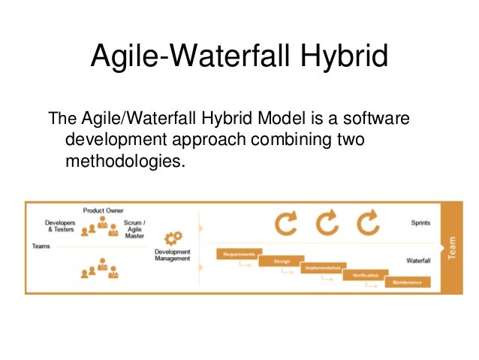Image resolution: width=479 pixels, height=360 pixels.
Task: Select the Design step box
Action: tap(282, 261)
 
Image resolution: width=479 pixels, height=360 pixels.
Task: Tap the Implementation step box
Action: tap(324, 268)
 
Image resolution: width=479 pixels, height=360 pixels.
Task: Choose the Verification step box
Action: tap(366, 275)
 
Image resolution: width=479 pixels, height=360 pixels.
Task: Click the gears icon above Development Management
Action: tap(173, 237)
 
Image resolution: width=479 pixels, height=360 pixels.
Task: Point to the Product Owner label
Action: tap(103, 210)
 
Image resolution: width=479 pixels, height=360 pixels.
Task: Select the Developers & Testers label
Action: tap(59, 226)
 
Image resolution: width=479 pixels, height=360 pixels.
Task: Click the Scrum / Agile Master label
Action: tap(135, 229)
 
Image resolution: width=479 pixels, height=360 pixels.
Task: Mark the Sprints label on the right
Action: tap(420, 223)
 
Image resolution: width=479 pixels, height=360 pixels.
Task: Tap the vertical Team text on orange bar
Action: tap(452, 246)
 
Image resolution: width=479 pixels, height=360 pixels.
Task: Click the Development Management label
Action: tap(172, 255)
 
